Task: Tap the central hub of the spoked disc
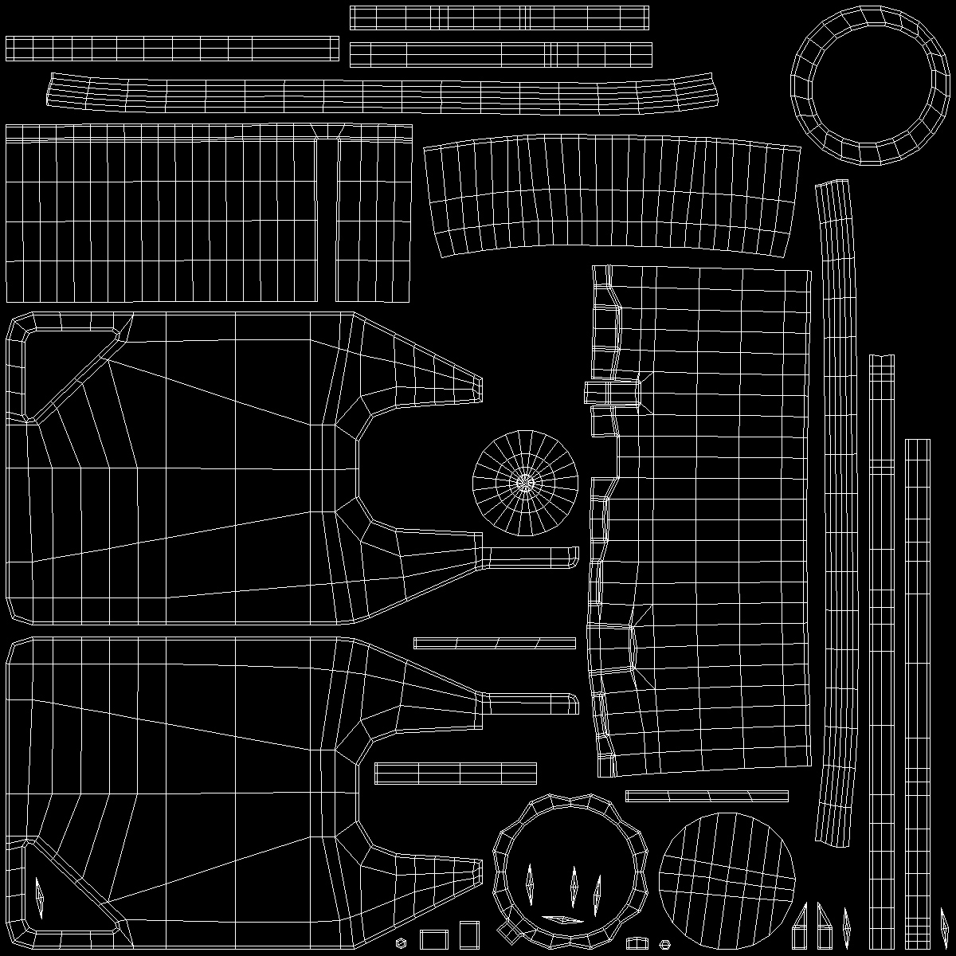click(525, 482)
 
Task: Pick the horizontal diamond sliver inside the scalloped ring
click(562, 919)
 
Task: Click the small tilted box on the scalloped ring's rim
click(506, 930)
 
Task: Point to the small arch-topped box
click(637, 942)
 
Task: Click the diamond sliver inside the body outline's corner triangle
click(40, 897)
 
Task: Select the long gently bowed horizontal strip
click(382, 92)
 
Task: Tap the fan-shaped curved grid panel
click(612, 195)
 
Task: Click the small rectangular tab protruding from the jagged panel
click(612, 393)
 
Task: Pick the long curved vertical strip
click(833, 510)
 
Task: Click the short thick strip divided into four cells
click(455, 773)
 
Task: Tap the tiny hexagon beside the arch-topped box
click(664, 943)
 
